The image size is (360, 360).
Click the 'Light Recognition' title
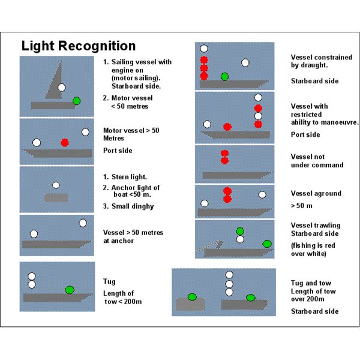point(79,46)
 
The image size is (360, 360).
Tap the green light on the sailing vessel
point(76,100)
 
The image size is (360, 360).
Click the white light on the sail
point(62,88)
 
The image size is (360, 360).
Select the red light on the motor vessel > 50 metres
point(65,142)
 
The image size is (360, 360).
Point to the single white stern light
point(56,185)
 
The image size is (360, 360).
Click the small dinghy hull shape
point(56,197)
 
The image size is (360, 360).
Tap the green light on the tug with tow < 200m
point(70,290)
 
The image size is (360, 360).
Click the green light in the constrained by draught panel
point(224,76)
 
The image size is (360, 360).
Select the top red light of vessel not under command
point(224,154)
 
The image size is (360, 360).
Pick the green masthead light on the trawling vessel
point(240,230)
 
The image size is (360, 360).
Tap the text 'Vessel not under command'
point(317,160)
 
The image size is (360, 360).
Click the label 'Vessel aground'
point(316,194)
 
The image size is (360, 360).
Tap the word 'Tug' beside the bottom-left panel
point(110,281)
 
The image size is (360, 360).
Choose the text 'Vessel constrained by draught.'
point(321,61)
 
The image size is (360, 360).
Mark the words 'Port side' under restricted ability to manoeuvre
point(305,135)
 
